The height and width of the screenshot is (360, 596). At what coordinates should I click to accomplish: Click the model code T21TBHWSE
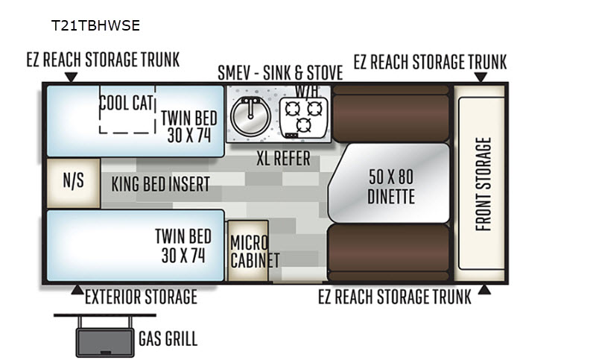[95, 25]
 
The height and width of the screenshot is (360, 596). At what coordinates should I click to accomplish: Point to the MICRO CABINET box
[247, 251]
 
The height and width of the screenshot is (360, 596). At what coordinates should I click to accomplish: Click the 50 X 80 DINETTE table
[390, 186]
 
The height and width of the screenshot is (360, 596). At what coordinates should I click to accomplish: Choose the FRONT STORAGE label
[483, 184]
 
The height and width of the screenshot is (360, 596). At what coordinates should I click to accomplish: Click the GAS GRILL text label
[168, 340]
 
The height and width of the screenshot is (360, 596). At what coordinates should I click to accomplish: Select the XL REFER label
[283, 160]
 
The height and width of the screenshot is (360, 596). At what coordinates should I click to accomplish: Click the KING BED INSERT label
[160, 183]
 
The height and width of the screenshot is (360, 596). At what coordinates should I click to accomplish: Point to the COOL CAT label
[127, 103]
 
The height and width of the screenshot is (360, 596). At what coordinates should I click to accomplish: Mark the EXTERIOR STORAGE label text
[141, 297]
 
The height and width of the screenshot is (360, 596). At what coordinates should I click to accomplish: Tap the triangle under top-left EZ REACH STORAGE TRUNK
[71, 77]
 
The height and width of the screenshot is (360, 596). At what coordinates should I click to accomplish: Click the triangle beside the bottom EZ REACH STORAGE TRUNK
[484, 289]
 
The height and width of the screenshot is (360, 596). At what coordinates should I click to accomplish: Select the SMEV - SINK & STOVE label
[280, 73]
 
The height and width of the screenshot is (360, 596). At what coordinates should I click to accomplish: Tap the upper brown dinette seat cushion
[391, 113]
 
